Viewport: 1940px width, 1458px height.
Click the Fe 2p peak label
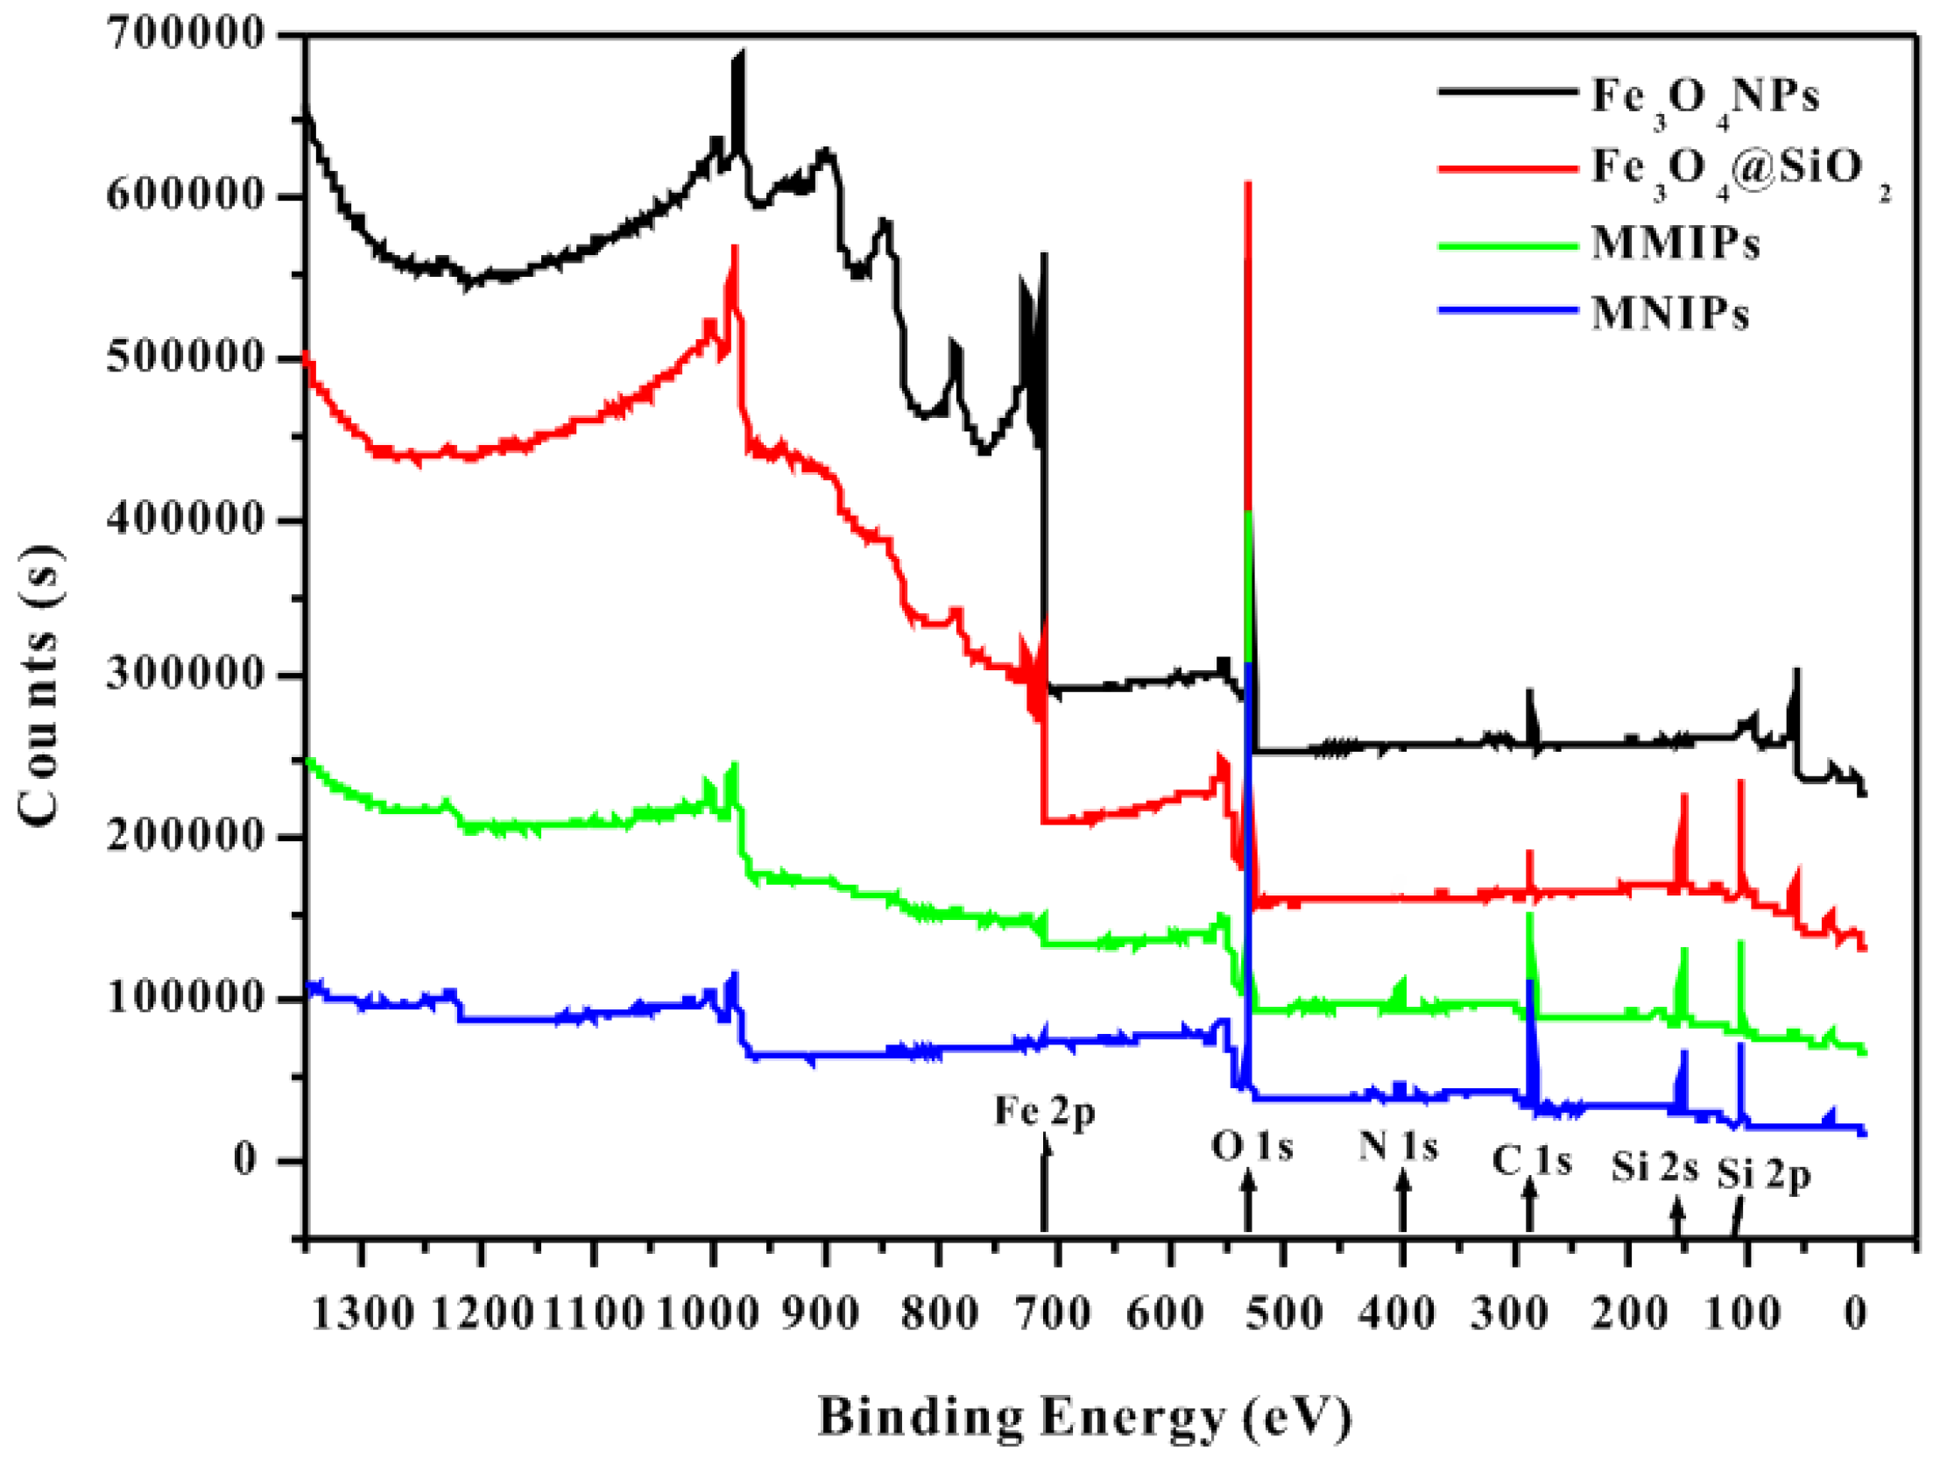(x=1044, y=1113)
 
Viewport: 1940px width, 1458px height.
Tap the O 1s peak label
(x=1252, y=1147)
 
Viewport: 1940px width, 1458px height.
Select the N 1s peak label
(x=1399, y=1146)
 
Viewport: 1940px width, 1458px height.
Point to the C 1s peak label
(x=1532, y=1162)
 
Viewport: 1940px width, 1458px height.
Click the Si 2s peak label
(x=1654, y=1168)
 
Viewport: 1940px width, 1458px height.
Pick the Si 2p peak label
(x=1764, y=1175)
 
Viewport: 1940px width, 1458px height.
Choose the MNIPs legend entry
(x=1670, y=314)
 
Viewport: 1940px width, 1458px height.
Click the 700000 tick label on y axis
(x=185, y=35)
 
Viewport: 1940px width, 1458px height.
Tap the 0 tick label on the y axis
(x=244, y=1160)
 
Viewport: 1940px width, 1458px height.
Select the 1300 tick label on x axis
(x=363, y=1314)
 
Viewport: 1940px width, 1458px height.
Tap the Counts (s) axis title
(x=39, y=685)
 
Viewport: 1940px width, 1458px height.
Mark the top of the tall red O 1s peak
(x=1248, y=184)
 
